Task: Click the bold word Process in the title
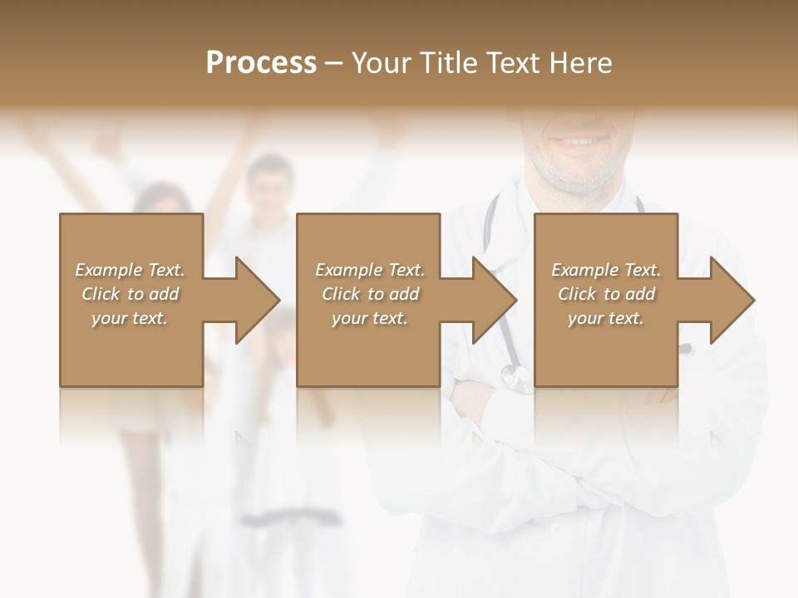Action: (x=261, y=63)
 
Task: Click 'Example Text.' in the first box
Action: (x=130, y=270)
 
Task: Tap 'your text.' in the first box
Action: (x=130, y=318)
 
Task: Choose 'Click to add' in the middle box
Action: (x=370, y=294)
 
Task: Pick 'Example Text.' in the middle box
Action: (x=370, y=270)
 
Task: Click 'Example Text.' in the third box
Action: (x=606, y=270)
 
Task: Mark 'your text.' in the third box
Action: (x=606, y=318)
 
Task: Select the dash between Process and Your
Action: (x=333, y=63)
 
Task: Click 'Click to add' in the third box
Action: (x=606, y=294)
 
